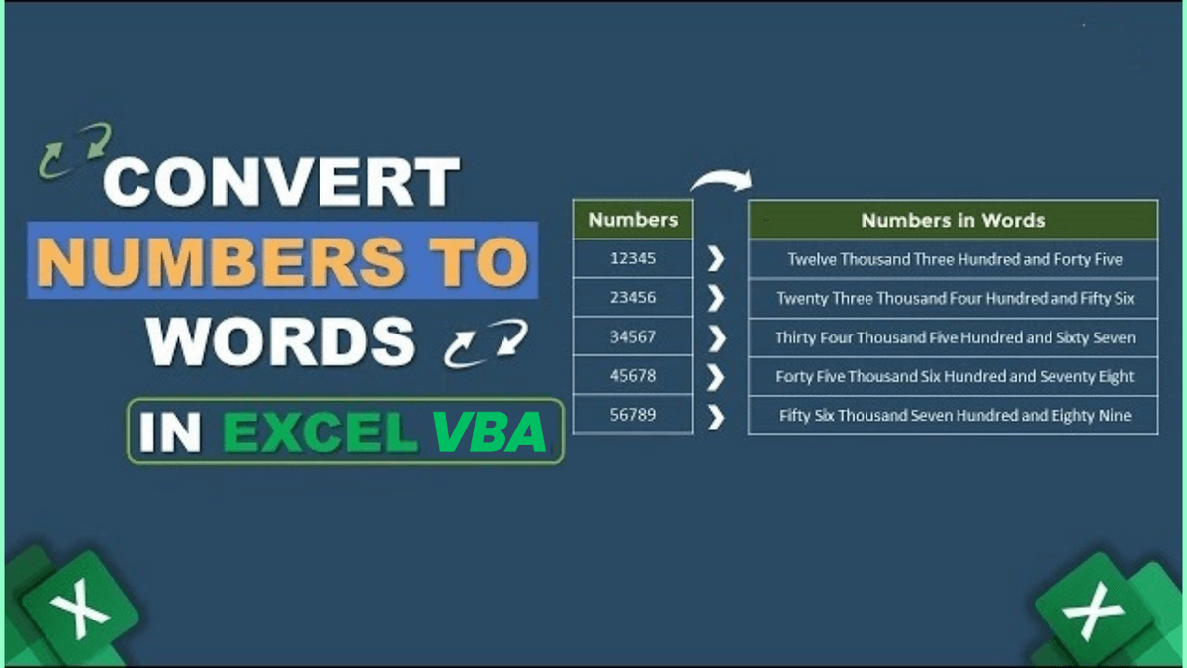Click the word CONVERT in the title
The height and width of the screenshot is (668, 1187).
tap(281, 182)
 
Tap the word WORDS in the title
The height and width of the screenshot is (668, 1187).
tap(281, 342)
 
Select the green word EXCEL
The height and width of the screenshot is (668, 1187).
tap(320, 432)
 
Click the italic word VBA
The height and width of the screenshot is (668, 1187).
tap(489, 432)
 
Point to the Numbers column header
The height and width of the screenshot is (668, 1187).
tap(633, 219)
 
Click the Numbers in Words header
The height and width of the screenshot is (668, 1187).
tap(953, 220)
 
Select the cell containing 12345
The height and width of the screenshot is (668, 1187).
tap(633, 258)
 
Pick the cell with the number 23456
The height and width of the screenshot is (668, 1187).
tap(633, 297)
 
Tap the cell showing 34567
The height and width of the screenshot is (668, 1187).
tap(633, 336)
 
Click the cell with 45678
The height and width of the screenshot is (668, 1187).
tap(633, 375)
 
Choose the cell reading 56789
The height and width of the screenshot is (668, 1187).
tap(633, 414)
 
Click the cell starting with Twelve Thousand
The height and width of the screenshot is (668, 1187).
tap(953, 258)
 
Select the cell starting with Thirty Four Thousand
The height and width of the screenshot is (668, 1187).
tap(953, 337)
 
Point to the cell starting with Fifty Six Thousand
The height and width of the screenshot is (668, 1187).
tap(953, 415)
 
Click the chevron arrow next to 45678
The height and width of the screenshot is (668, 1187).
tap(716, 377)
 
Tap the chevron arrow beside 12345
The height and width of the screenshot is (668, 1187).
tap(716, 259)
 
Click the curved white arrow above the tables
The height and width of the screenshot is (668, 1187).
tap(723, 178)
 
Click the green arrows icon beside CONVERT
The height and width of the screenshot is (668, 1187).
tap(74, 149)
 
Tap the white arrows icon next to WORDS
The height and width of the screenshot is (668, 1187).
tap(486, 343)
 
